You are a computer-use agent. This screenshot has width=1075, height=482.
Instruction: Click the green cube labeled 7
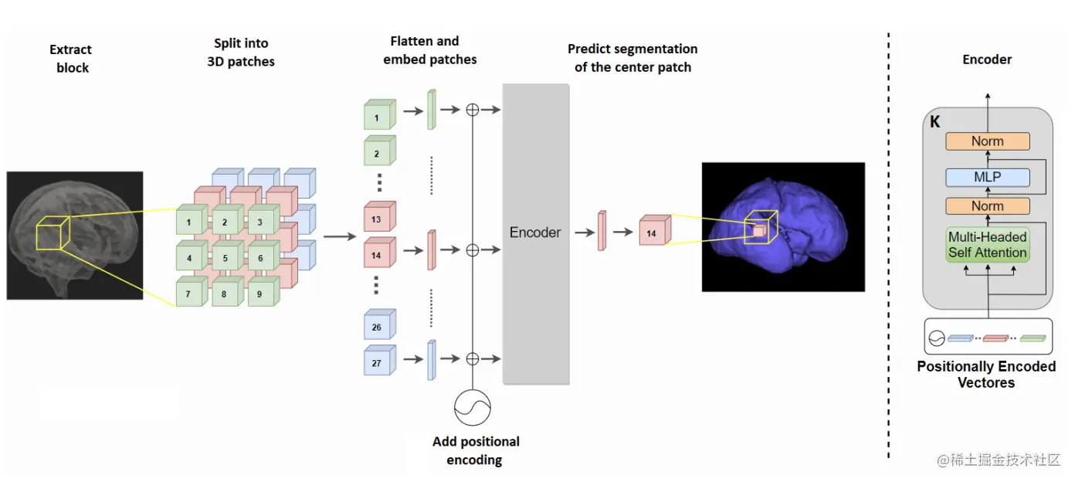coord(190,294)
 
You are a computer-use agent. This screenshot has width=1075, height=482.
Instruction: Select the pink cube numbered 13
coord(378,219)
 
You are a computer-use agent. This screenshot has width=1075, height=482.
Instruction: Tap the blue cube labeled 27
coord(378,361)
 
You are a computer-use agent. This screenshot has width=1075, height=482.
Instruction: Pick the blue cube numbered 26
coord(378,327)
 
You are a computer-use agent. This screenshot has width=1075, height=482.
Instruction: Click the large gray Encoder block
coord(536,233)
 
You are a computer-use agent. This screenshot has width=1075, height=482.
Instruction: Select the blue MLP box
coord(988,178)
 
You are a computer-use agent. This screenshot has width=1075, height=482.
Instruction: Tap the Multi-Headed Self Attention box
coord(988,244)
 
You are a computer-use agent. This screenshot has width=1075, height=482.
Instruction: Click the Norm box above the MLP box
coord(988,141)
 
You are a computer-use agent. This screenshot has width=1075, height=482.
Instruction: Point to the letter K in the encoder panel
coord(935,122)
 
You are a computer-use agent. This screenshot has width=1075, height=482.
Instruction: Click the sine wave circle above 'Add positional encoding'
coord(473,406)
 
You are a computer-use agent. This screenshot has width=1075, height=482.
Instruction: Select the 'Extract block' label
coord(71,59)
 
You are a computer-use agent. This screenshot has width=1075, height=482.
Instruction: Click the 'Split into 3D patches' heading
coord(241,53)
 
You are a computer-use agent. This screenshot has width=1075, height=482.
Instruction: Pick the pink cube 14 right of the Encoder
coord(653,232)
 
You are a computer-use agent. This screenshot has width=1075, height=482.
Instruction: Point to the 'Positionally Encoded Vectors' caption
coord(986,374)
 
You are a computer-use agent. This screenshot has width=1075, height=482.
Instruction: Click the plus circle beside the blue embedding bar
coord(473,358)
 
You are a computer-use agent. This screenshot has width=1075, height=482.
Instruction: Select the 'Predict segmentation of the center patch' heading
coord(632,58)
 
